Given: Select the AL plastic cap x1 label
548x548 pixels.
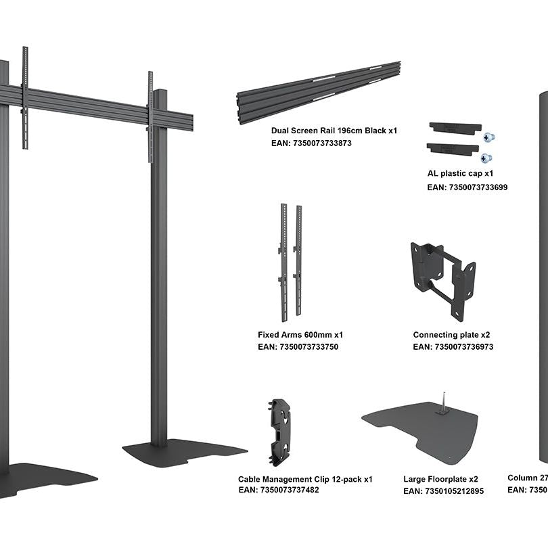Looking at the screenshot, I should coord(460,173).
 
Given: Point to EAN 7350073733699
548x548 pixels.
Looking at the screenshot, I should coord(467,187).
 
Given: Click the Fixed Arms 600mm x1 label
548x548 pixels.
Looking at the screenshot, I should coord(300,335).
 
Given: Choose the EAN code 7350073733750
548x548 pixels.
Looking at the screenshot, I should coord(298,347).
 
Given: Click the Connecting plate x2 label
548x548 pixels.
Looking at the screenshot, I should coord(451,335).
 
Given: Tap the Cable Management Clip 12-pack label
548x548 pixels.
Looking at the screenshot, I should coord(305,479).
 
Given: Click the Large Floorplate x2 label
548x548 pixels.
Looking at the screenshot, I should coord(440,480).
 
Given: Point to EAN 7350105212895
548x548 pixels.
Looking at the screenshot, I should coord(443,491).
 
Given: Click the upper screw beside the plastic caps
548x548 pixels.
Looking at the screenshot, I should coord(488,137).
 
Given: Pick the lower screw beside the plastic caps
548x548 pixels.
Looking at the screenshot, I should coord(486,158).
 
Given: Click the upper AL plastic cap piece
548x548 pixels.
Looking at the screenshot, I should coord(455,128).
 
